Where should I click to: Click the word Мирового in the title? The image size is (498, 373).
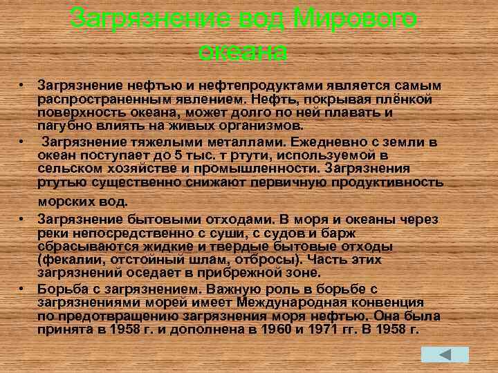click(356, 19)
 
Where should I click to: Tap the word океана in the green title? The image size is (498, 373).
click(243, 50)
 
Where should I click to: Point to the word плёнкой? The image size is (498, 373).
click(408, 98)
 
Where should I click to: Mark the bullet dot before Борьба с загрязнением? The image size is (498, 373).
click(23, 288)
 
